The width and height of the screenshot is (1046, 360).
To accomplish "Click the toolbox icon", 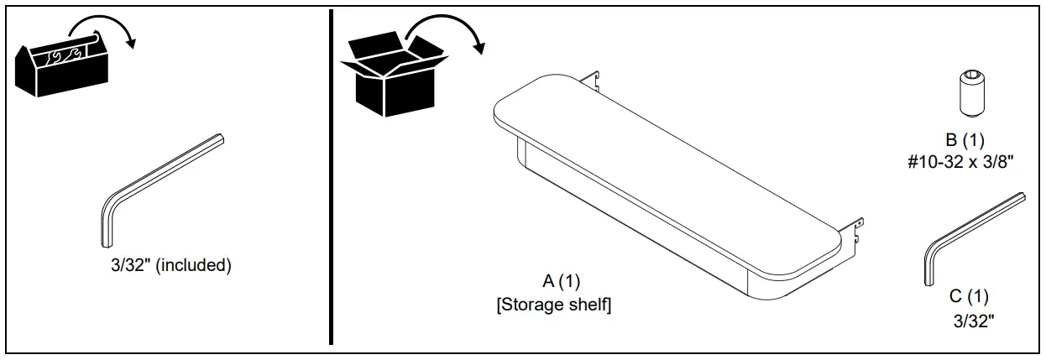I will coord(60,67).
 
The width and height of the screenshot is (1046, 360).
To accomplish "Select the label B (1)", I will coord(962,139).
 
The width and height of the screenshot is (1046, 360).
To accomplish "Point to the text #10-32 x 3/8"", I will coord(962,161).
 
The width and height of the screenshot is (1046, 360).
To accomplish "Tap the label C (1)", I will coord(969,295).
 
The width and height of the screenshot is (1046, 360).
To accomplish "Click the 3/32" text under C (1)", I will coord(970,320).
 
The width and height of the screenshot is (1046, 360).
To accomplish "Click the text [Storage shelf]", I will coord(553,305).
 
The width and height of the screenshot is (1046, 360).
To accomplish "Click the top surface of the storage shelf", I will coord(663,168).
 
